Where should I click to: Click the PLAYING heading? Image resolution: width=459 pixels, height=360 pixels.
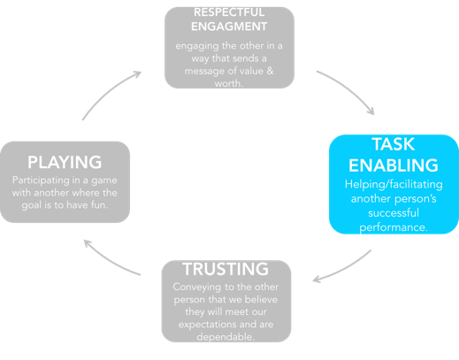pos(65,162)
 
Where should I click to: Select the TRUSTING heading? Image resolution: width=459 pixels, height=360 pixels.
pos(226,269)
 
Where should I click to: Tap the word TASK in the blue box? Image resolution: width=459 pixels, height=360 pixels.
pos(394,144)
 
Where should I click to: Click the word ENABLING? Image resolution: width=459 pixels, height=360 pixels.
pos(394,165)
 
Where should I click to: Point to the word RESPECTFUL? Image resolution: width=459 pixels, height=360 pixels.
pos(229,12)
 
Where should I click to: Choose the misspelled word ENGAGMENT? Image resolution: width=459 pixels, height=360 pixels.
pos(229,27)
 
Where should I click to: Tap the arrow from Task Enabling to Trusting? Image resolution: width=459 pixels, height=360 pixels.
pos(344,269)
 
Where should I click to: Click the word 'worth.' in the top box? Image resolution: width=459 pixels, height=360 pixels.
pos(229,84)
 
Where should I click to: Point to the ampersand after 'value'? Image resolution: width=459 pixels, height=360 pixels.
pos(270,71)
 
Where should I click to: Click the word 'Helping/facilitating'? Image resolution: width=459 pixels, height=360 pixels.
pos(394,185)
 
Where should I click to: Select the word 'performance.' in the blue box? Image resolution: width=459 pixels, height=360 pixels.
pos(394,227)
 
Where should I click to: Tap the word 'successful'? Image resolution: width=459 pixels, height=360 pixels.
pos(394,213)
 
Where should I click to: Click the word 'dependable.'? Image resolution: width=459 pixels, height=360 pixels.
pos(226,337)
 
